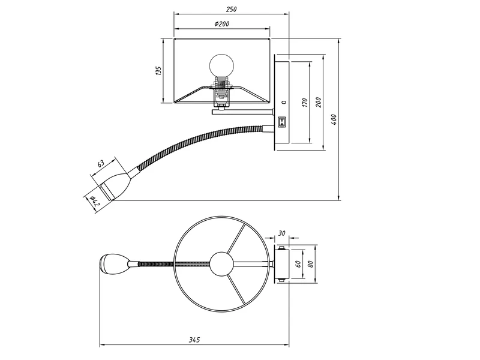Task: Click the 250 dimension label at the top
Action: point(231,9)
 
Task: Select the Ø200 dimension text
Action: point(221,23)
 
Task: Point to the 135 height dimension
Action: point(158,71)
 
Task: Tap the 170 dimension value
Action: point(305,103)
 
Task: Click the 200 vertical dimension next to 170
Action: point(319,103)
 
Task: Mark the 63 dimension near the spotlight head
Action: point(101,163)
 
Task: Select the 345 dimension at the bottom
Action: point(194,340)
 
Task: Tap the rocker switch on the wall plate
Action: point(282,122)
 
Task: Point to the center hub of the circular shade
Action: point(222,263)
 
